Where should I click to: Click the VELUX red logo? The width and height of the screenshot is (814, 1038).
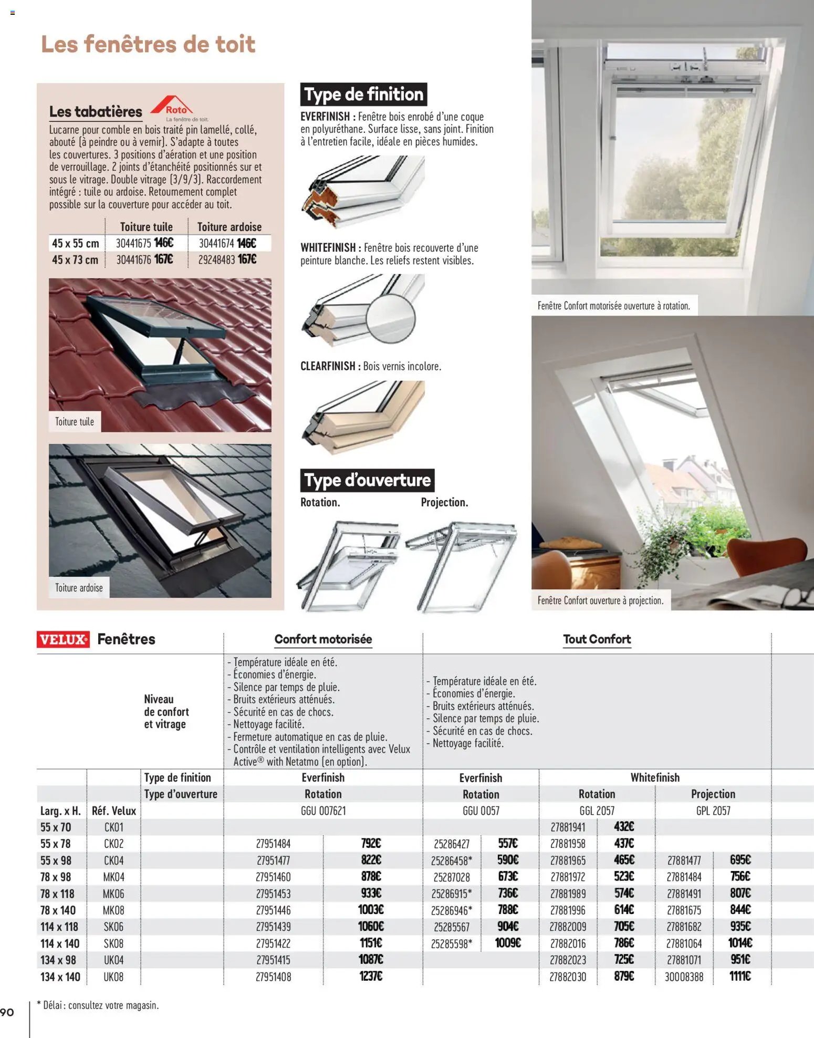pyautogui.click(x=63, y=639)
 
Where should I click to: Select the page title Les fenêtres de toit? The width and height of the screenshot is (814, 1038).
pyautogui.click(x=148, y=44)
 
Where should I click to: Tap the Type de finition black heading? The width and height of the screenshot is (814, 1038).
pyautogui.click(x=363, y=95)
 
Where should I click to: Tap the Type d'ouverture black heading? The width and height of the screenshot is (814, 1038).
pyautogui.click(x=367, y=480)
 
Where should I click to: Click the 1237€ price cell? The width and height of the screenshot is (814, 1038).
pyautogui.click(x=371, y=977)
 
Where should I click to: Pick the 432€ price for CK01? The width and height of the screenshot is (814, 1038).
pyautogui.click(x=624, y=827)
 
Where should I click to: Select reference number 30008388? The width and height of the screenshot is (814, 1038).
pyautogui.click(x=684, y=977)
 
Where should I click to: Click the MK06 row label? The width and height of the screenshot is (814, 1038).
pyautogui.click(x=113, y=894)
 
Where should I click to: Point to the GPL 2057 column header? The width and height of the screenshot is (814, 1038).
pyautogui.click(x=713, y=811)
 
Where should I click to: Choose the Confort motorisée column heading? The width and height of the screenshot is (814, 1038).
pyautogui.click(x=323, y=639)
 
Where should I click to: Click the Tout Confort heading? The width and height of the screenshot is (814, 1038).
pyautogui.click(x=597, y=639)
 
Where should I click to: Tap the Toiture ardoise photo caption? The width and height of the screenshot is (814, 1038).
pyautogui.click(x=79, y=588)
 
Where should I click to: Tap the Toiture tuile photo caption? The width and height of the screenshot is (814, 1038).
pyautogui.click(x=75, y=422)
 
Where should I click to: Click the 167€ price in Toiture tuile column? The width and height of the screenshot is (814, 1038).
pyautogui.click(x=164, y=259)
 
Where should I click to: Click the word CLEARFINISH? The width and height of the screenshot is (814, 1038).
pyautogui.click(x=328, y=366)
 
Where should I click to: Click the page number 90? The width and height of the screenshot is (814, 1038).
pyautogui.click(x=7, y=1012)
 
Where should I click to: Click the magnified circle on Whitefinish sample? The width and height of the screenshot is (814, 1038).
pyautogui.click(x=391, y=318)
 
